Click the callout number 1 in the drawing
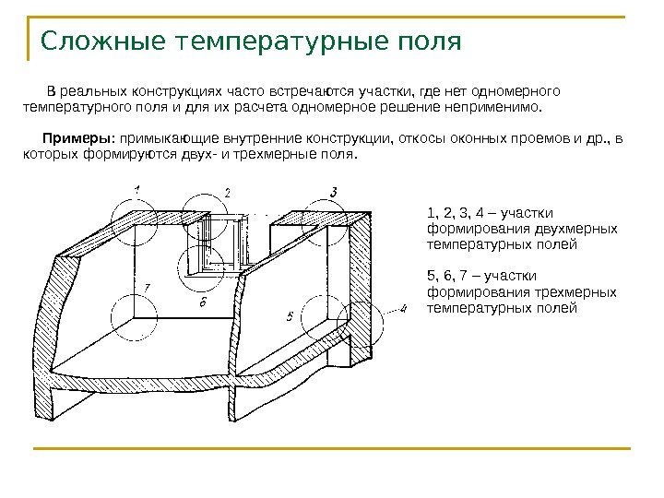pos(136,189)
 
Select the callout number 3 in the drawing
pos(333,192)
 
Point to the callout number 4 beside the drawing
pos(402,308)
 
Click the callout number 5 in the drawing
pos(290,316)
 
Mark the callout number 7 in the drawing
pos(146,287)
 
